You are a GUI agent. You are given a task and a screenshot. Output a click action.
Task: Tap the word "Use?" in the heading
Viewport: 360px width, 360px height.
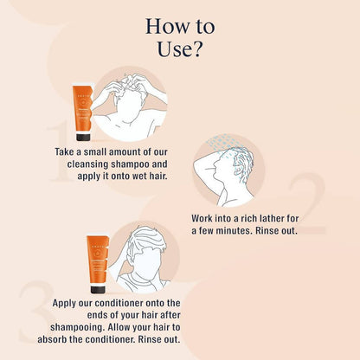tap(179, 49)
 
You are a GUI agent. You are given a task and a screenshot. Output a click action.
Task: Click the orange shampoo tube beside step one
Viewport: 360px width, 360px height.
tap(83, 112)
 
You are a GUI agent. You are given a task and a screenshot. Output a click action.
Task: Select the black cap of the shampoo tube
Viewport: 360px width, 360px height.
tap(83, 138)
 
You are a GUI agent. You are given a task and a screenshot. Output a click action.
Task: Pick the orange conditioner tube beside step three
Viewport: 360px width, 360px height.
tap(98, 264)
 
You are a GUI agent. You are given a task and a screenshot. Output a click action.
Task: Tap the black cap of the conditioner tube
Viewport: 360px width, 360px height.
tap(98, 289)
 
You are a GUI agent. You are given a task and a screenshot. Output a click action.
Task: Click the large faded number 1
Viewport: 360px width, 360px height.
tap(59, 152)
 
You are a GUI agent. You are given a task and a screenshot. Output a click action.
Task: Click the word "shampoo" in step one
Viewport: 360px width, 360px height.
tap(130, 164)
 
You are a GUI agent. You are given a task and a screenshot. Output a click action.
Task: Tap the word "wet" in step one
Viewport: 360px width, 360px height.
tap(139, 176)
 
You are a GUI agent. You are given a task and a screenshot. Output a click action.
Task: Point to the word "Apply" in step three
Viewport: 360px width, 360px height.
tap(63, 304)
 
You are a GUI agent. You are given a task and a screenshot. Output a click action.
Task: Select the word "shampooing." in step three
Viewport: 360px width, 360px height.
tap(75, 328)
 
